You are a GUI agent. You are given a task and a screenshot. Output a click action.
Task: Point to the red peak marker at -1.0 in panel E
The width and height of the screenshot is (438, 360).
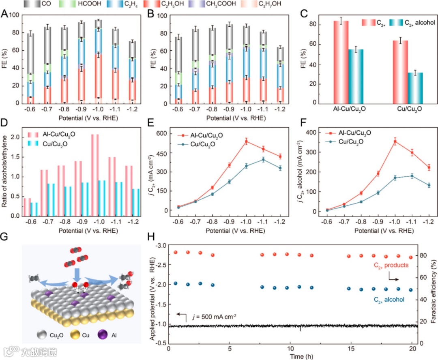[x=223, y=141]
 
